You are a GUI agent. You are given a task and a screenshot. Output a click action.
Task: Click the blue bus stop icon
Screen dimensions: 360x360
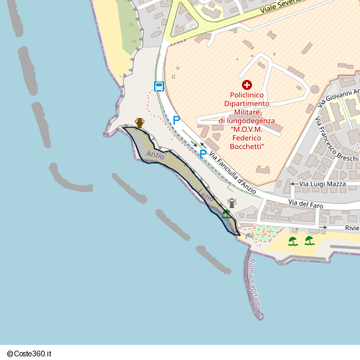[x=159, y=87]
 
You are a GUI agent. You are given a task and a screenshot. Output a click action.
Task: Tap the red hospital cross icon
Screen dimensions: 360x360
[x=247, y=85]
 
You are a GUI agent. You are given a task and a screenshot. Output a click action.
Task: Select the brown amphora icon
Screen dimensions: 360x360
[x=140, y=122]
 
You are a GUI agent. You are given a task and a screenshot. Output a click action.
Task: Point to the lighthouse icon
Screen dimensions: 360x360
[x=232, y=203]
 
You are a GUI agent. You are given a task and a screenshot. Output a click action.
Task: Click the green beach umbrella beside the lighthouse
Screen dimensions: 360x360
[x=227, y=213]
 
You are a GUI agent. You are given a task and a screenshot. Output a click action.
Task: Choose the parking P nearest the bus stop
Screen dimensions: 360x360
[x=176, y=121]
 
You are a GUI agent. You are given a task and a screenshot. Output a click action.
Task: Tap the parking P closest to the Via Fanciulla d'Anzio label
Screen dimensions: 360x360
[x=203, y=153]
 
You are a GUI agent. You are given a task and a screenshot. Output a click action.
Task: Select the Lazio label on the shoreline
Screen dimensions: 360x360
[x=207, y=195]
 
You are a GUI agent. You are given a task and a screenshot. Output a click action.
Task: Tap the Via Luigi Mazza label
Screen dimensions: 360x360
[x=323, y=184]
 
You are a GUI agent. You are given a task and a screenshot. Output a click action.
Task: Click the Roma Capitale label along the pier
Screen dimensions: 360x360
[x=253, y=285]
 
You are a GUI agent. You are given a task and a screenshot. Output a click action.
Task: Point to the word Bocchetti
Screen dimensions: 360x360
[x=247, y=146]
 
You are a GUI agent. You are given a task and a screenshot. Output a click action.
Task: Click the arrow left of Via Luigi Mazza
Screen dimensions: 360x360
[x=293, y=184]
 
